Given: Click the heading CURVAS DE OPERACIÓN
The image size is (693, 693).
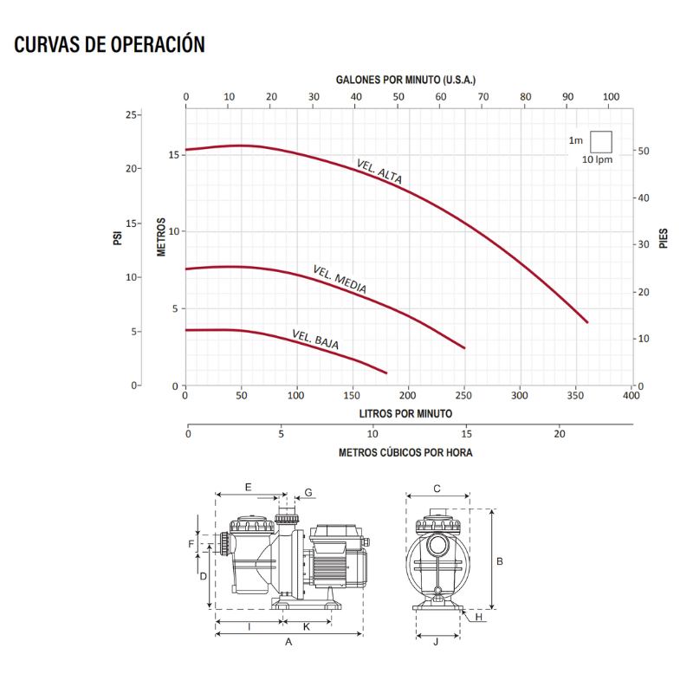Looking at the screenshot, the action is pyautogui.click(x=110, y=44).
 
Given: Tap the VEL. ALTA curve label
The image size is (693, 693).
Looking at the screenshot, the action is pyautogui.click(x=379, y=172).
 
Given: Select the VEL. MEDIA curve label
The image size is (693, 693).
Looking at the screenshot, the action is pyautogui.click(x=340, y=279).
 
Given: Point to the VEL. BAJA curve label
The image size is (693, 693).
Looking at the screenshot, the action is pyautogui.click(x=315, y=340).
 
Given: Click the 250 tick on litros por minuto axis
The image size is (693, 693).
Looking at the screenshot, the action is pyautogui.click(x=463, y=395).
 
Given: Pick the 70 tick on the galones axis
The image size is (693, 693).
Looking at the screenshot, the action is pyautogui.click(x=483, y=97).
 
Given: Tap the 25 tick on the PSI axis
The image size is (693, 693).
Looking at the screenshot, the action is pyautogui.click(x=132, y=115).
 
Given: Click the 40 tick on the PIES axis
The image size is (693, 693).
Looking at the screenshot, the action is pyautogui.click(x=644, y=198).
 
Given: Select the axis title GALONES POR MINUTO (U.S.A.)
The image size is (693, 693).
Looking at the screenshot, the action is pyautogui.click(x=405, y=80).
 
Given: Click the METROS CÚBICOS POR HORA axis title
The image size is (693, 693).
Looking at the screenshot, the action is pyautogui.click(x=405, y=452).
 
